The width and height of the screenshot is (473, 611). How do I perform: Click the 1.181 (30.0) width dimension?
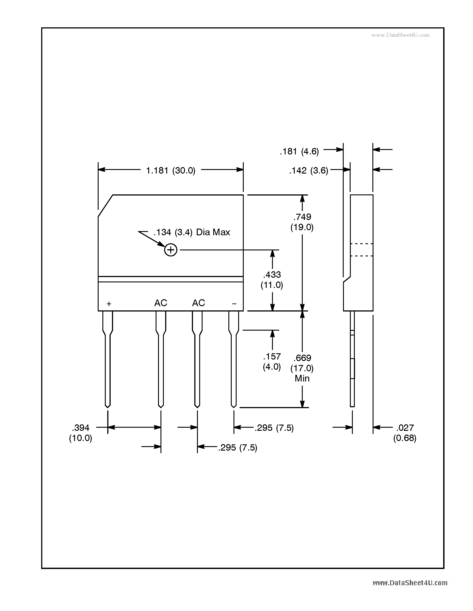(171, 170)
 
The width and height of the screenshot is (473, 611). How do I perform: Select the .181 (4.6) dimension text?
(299, 151)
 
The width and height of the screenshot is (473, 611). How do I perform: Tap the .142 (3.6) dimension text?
(309, 170)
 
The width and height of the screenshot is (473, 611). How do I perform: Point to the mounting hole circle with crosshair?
(171, 250)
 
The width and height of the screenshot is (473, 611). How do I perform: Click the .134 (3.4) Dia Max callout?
(192, 232)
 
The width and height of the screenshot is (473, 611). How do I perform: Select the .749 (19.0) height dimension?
(302, 222)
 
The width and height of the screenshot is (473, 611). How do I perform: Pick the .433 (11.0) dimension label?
(272, 280)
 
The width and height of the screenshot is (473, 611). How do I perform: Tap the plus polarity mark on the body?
(109, 304)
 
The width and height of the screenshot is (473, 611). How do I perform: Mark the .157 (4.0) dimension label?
(272, 361)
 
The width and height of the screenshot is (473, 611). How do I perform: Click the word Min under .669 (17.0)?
(302, 379)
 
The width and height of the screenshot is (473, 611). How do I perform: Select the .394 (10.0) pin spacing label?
(81, 433)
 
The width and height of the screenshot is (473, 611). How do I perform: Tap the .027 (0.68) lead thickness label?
(405, 433)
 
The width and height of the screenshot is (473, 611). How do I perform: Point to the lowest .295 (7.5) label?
(238, 448)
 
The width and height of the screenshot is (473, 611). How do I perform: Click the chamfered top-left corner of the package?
(105, 206)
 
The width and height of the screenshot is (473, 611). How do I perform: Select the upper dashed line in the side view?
(361, 244)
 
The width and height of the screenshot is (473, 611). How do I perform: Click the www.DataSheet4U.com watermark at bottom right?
(410, 583)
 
